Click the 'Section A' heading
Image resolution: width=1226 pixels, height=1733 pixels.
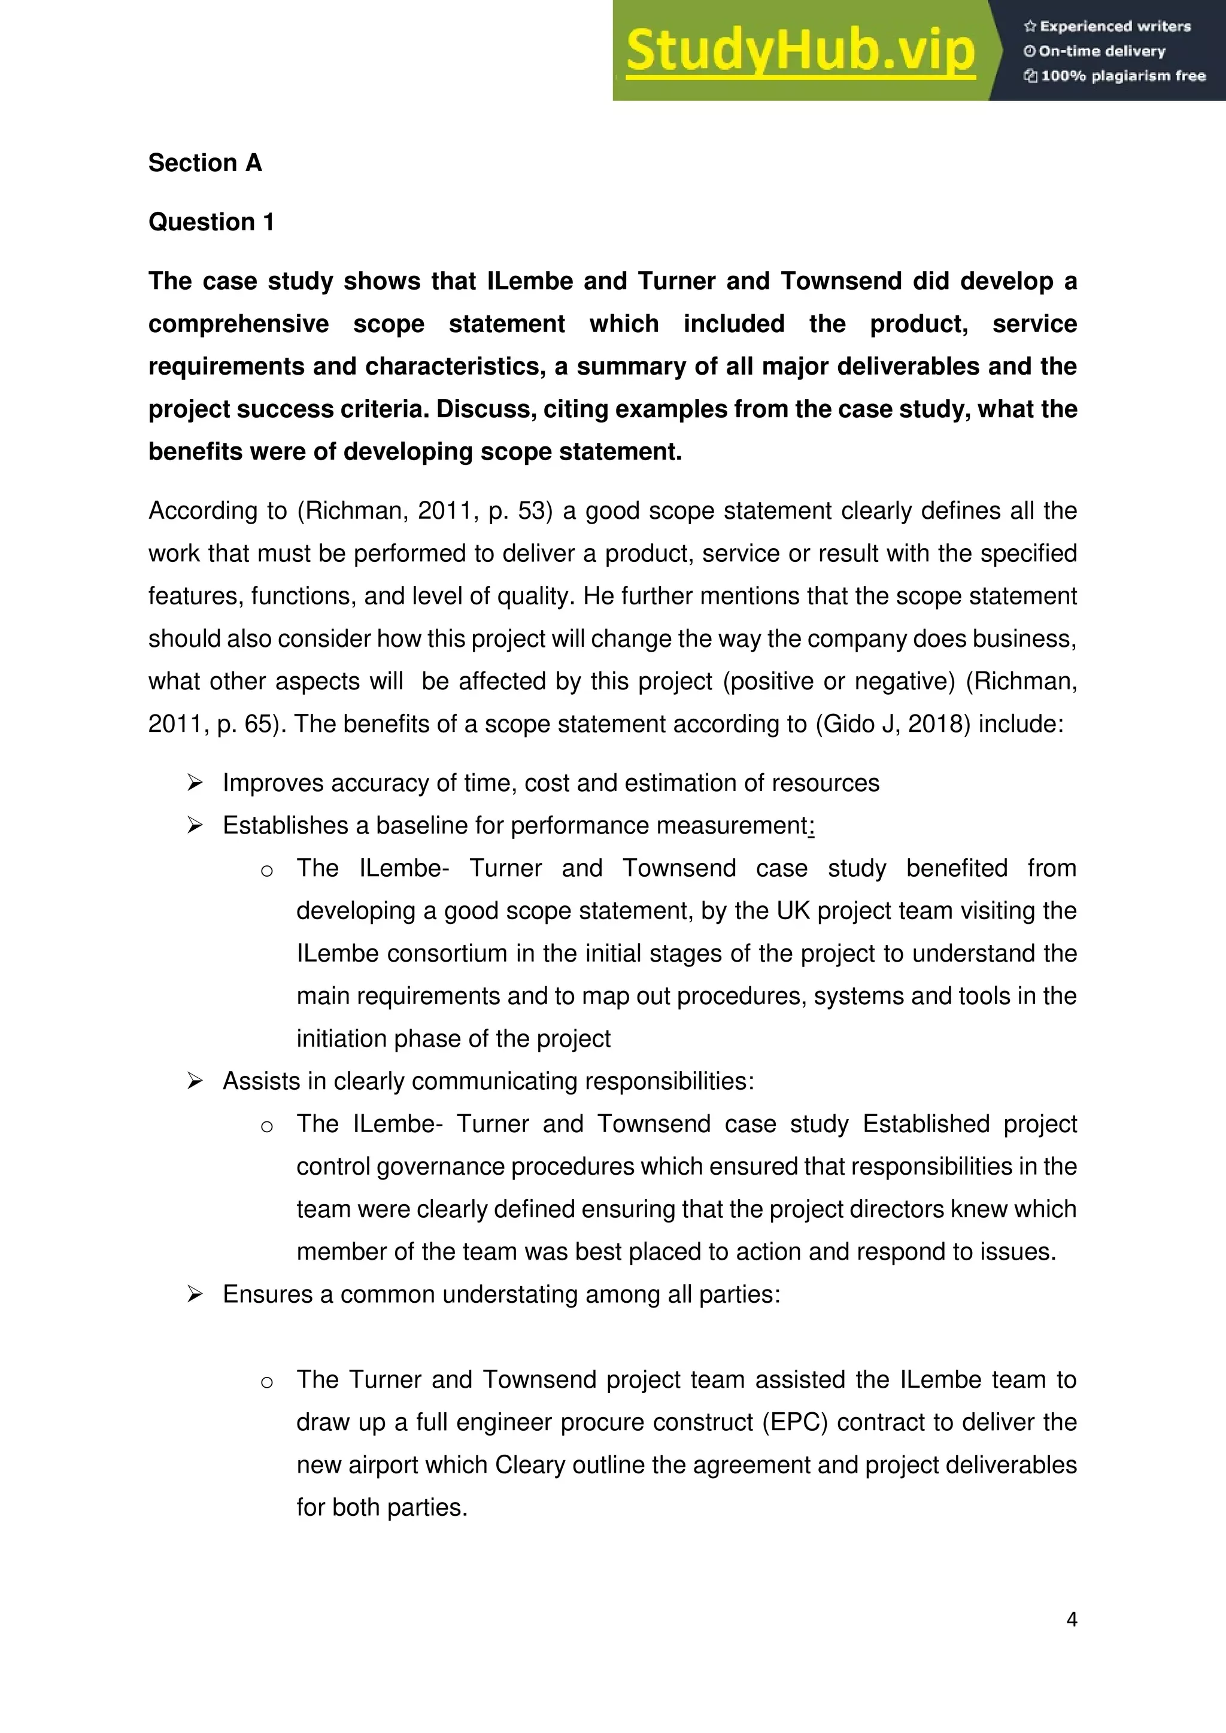pos(205,163)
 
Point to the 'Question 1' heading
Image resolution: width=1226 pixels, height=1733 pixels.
pos(211,222)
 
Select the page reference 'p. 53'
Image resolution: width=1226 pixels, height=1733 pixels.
pos(517,511)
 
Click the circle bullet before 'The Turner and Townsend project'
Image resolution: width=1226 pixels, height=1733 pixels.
pos(266,1381)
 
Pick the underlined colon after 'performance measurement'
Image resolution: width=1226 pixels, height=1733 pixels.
pos(811,826)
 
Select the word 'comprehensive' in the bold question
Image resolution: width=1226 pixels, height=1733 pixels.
pos(239,324)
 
